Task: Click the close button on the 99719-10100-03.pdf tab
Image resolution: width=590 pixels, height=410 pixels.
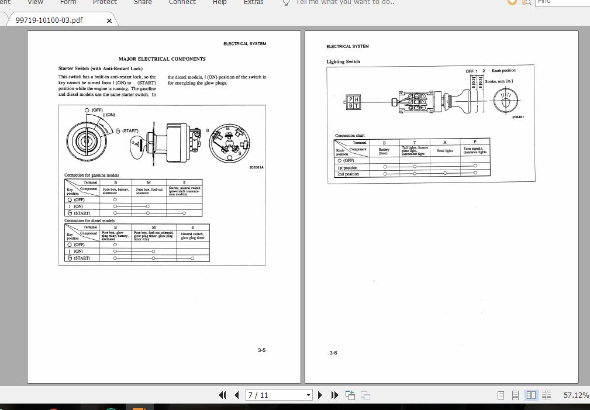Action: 109,21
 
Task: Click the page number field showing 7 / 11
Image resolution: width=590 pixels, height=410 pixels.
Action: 275,395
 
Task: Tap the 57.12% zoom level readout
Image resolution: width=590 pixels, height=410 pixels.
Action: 575,395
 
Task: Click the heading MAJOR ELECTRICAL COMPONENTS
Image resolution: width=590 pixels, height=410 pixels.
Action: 162,59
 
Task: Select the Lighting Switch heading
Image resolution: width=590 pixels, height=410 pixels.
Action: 343,61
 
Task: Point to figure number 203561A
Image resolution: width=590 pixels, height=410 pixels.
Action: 256,168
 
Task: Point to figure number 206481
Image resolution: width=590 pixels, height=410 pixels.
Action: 517,117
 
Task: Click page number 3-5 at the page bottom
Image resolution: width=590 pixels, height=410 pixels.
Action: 261,350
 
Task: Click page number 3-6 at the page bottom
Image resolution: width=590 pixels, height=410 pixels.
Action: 333,353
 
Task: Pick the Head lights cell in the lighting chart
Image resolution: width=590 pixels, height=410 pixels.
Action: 445,150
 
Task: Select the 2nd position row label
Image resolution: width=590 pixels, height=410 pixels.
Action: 348,174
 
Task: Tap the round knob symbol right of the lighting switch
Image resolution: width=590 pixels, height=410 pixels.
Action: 505,102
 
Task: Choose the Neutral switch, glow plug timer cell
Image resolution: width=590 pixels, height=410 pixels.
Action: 192,236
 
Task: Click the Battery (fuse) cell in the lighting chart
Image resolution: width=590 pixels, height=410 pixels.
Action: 384,151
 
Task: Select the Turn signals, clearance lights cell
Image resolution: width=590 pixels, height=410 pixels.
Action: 475,150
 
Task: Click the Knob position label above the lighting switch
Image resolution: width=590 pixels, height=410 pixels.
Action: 503,70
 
